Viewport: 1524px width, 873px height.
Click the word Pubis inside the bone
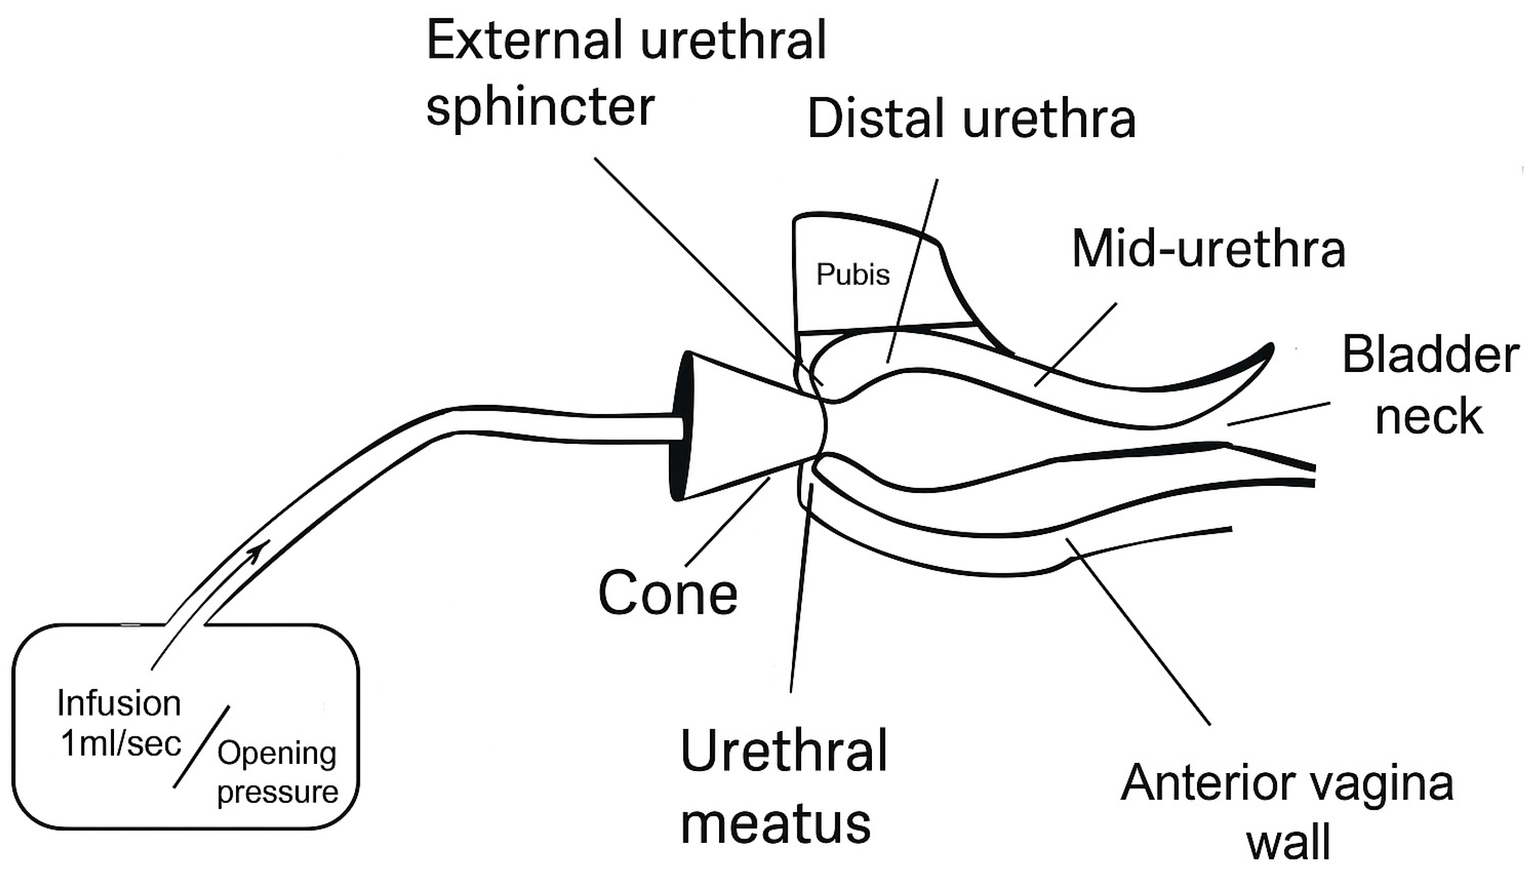coord(852,275)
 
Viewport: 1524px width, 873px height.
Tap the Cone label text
coord(668,593)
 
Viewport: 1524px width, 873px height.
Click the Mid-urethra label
coord(1209,249)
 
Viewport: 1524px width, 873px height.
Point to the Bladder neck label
coord(1430,385)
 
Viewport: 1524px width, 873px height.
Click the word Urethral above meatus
coord(783,752)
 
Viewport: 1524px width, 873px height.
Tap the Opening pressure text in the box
coord(277,772)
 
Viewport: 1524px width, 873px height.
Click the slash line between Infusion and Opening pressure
coord(202,747)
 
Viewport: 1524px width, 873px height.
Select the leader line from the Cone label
coord(727,522)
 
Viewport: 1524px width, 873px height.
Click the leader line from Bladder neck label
coord(1278,414)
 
